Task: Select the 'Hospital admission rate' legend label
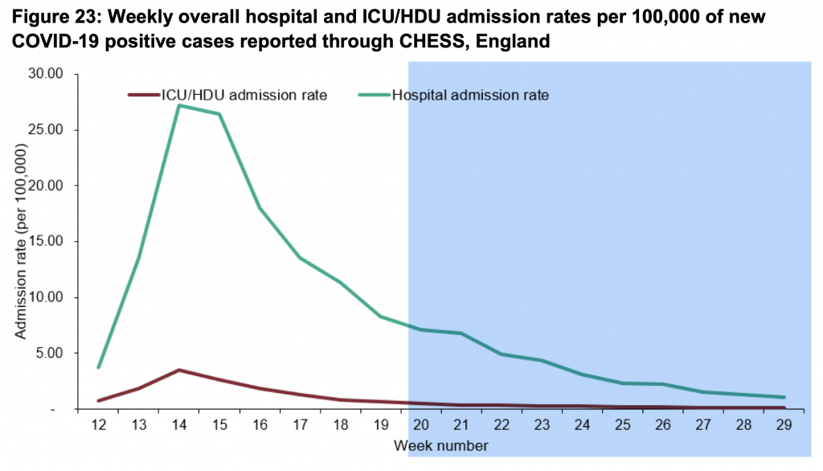tap(470, 95)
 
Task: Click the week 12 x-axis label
tap(97, 424)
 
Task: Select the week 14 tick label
tap(178, 424)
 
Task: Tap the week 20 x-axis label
tap(420, 424)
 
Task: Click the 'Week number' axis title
tap(440, 444)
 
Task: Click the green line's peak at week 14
tap(178, 105)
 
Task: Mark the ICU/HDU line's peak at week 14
tap(178, 370)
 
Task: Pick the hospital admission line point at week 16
tap(259, 207)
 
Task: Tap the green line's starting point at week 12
tap(98, 367)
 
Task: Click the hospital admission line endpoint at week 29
tap(784, 397)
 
